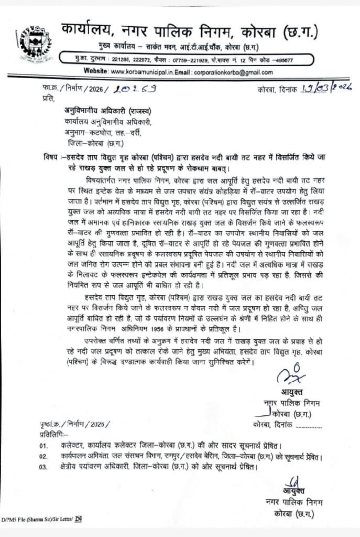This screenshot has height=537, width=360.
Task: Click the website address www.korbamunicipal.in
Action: [x=141, y=72]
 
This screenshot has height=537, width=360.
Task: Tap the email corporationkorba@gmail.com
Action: [x=233, y=72]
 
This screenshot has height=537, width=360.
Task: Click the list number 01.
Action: [x=43, y=446]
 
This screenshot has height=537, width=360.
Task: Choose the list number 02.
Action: [x=43, y=456]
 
